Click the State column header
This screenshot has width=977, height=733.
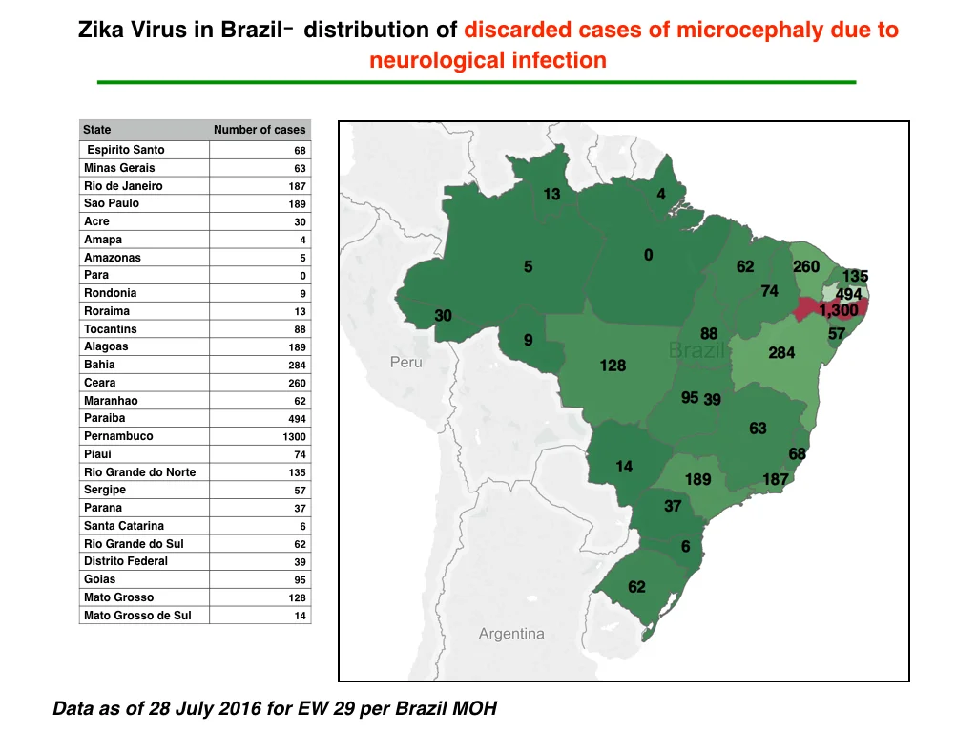tap(97, 130)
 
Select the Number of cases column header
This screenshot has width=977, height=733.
tap(260, 130)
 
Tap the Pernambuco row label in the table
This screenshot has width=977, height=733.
tap(118, 436)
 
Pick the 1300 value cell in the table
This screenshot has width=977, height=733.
tap(294, 437)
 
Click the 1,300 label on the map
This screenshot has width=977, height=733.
tap(838, 310)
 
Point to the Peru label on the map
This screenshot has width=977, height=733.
tap(406, 362)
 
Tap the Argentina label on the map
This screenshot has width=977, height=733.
tap(511, 634)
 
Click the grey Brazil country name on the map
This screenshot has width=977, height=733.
tap(696, 350)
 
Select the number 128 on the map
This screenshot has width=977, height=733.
tap(613, 366)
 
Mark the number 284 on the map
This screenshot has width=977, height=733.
tap(781, 353)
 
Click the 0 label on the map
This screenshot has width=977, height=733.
tap(649, 255)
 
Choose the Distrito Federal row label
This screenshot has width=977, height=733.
tap(126, 561)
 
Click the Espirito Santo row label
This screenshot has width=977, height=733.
tap(126, 150)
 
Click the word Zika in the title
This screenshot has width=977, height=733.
tap(101, 30)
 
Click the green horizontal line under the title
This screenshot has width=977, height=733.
tap(477, 82)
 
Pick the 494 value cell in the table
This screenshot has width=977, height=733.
tap(297, 419)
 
